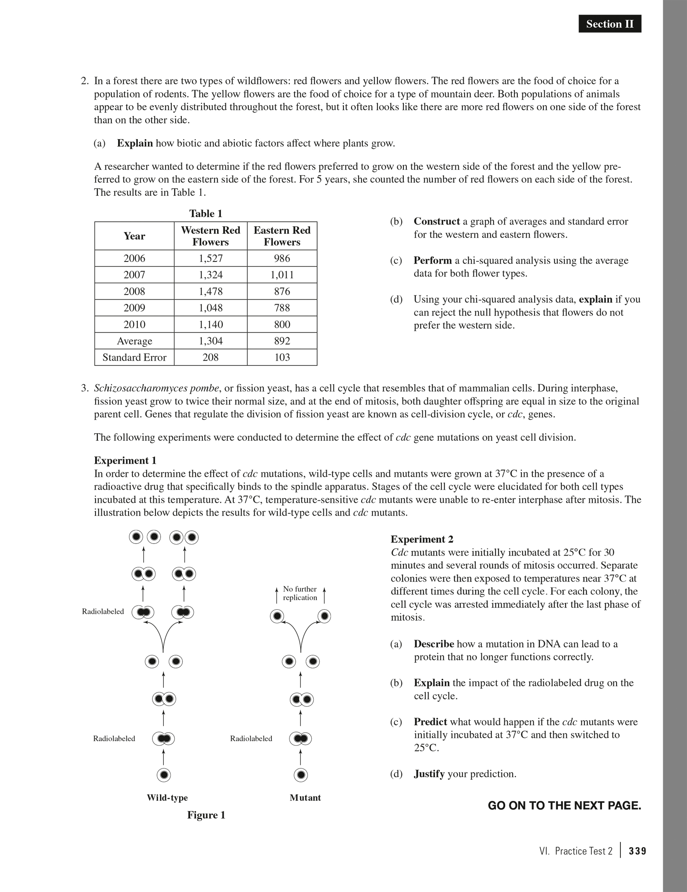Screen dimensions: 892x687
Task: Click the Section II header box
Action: pos(610,24)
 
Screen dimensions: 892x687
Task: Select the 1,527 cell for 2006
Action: pos(210,258)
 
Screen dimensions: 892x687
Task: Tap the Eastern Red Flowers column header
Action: pos(282,236)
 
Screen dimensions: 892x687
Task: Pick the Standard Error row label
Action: pos(134,357)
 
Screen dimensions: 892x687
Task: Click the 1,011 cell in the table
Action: pos(282,275)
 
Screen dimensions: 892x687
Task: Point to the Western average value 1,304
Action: pos(210,341)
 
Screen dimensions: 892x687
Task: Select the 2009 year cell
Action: pos(134,308)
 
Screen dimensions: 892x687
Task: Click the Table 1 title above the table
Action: pos(206,214)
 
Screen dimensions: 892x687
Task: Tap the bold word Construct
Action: pos(436,221)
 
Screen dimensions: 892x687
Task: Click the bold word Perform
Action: pos(433,260)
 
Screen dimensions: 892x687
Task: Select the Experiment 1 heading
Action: pos(125,460)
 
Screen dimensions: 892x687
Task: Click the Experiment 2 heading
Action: pos(422,539)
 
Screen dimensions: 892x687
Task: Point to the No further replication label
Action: pos(300,593)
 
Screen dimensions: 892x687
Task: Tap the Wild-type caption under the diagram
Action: pos(167,798)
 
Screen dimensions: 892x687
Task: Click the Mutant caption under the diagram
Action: pos(305,798)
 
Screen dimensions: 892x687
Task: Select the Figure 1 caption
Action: pos(206,815)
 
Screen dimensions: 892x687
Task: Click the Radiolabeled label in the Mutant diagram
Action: pos(251,739)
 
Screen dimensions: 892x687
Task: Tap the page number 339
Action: pos(638,851)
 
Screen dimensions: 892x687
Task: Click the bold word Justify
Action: pos(429,774)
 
